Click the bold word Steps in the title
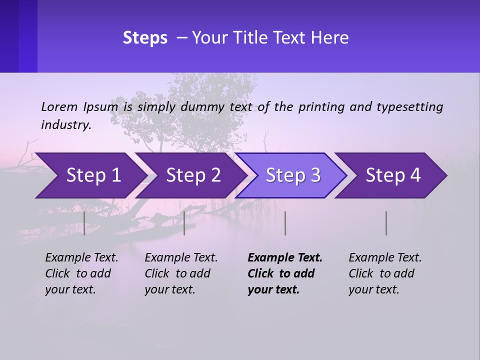click(x=145, y=38)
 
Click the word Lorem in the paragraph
click(x=59, y=106)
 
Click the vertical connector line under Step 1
click(x=84, y=223)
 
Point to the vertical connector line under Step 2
click(x=184, y=223)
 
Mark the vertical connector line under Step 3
click(x=285, y=223)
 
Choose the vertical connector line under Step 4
click(x=386, y=223)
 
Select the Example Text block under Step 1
click(x=81, y=273)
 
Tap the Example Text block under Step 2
click(x=181, y=273)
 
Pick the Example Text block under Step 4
click(x=385, y=273)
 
